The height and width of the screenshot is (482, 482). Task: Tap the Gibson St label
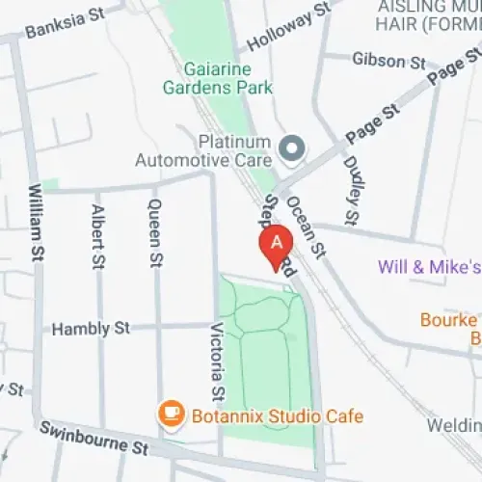(x=388, y=61)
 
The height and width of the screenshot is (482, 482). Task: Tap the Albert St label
(x=96, y=236)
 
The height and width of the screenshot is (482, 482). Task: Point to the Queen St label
(x=153, y=232)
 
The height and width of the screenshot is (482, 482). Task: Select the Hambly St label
(x=91, y=329)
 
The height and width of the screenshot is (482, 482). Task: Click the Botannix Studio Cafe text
(x=276, y=415)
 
